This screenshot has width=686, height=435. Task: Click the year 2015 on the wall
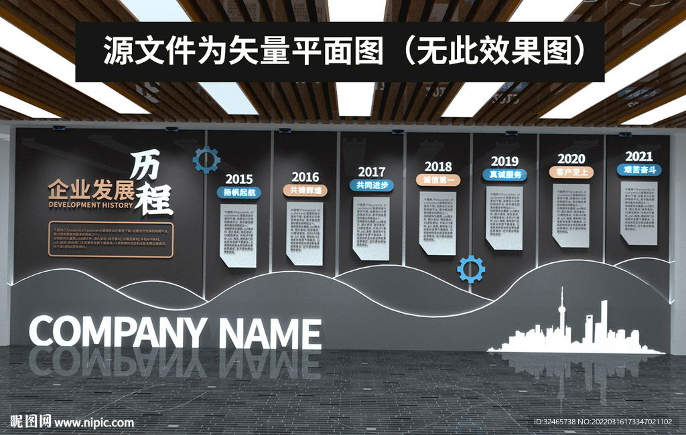238,179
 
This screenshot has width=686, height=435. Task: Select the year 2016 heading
305,177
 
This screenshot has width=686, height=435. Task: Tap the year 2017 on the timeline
371,172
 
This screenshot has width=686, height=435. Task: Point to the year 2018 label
438,167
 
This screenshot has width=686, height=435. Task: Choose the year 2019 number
504,161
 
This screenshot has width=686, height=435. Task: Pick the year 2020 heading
571,159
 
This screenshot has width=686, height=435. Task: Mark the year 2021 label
638,156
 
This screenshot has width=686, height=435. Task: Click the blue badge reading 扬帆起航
238,192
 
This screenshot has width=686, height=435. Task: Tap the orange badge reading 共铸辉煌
305,190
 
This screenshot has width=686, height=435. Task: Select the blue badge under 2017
371,185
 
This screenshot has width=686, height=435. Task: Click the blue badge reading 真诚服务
504,174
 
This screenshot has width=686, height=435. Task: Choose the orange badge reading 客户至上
571,172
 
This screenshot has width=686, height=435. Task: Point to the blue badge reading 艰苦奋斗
638,169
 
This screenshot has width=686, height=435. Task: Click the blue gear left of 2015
206,159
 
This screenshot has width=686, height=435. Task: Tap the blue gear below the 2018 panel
471,269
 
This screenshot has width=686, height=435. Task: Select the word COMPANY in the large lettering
118,333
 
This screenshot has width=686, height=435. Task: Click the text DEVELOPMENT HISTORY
90,205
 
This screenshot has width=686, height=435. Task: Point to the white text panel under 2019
504,217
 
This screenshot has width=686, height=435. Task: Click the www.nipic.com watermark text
94,423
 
